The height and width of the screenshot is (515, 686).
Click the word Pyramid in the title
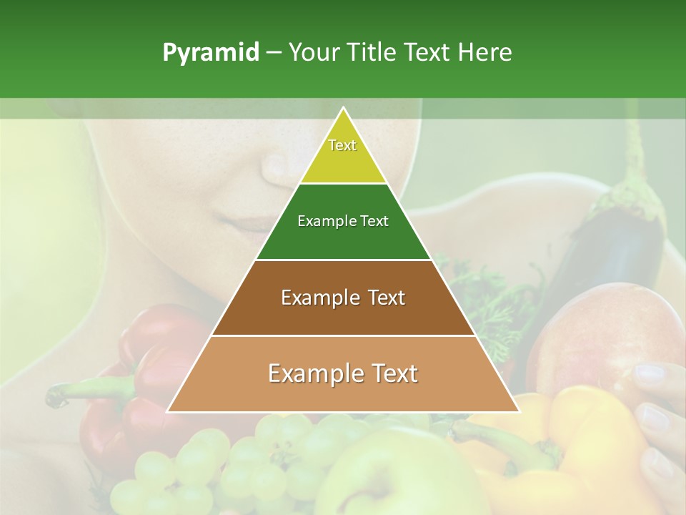(x=211, y=52)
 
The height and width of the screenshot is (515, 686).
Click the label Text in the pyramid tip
(x=342, y=145)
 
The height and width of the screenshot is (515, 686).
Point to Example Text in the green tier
(x=343, y=221)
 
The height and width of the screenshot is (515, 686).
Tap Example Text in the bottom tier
(x=343, y=373)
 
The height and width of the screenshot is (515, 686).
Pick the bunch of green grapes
(x=214, y=458)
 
